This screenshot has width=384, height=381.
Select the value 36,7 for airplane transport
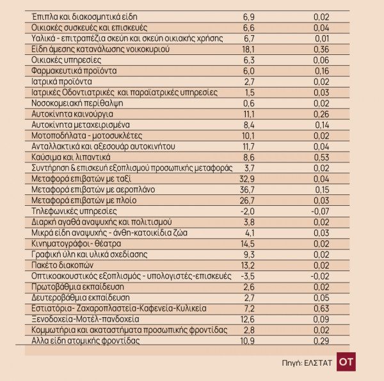click(x=247, y=190)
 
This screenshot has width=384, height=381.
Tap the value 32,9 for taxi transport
click(x=247, y=179)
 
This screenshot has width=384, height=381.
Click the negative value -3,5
click(x=246, y=276)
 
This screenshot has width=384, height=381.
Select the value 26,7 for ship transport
click(x=247, y=201)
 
